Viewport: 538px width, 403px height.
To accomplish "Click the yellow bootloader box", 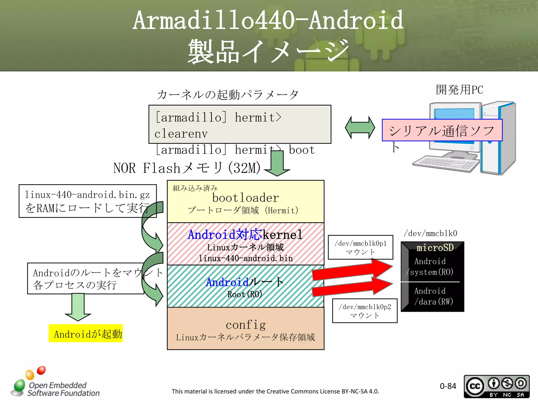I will click(245, 201).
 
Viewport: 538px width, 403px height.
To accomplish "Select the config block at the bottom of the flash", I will click(245, 328).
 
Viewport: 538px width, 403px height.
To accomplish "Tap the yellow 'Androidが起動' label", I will click(86, 334).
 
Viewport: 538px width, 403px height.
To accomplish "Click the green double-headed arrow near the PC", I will click(360, 128).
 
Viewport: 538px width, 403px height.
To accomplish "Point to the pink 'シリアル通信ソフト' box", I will click(442, 130).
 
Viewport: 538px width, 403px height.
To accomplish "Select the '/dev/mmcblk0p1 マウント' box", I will click(360, 247).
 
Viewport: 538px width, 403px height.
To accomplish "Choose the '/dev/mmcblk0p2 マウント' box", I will click(365, 311).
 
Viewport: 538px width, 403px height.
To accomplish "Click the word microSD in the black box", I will click(435, 248).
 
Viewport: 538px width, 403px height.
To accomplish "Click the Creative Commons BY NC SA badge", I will click(496, 386).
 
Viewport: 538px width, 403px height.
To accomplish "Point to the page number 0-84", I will click(448, 386).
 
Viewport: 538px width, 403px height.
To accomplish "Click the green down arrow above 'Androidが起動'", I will click(78, 307).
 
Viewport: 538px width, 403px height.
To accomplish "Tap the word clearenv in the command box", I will click(181, 134).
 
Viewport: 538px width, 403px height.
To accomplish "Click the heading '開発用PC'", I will click(459, 90).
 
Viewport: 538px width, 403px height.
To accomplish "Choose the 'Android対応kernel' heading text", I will click(245, 234).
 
